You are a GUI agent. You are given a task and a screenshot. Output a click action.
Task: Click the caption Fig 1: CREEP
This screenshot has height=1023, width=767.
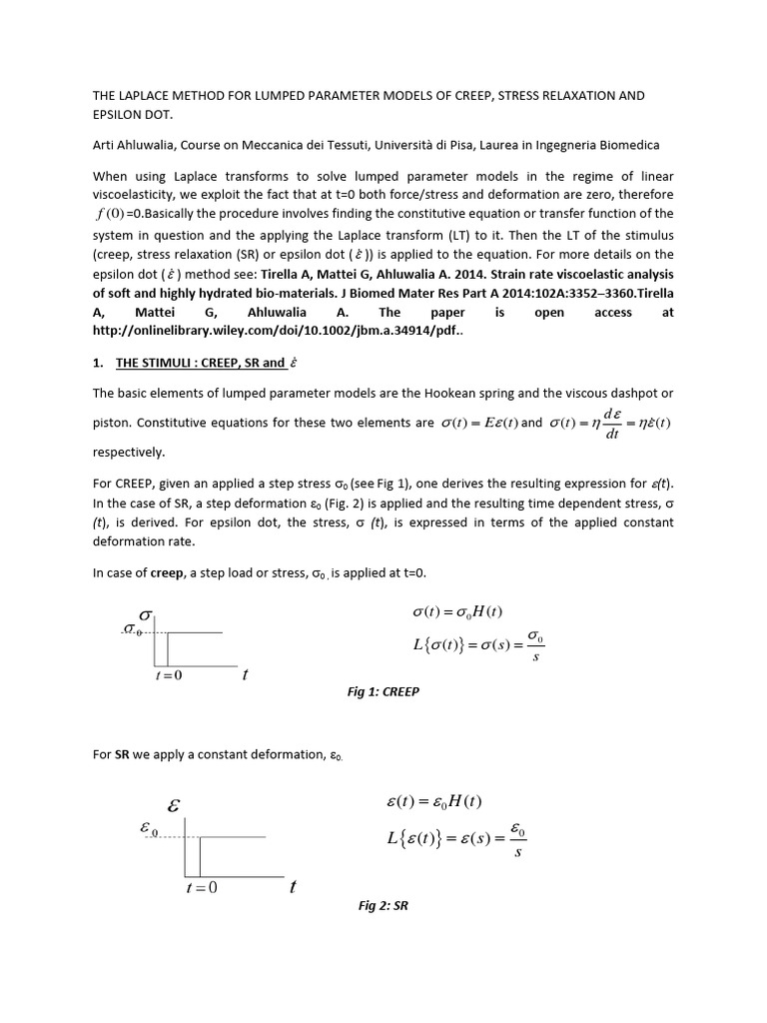(x=383, y=691)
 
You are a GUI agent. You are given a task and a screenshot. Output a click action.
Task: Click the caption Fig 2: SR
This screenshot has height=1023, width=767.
(x=383, y=906)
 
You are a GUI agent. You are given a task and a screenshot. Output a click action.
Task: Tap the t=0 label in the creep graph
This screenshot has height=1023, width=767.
(x=168, y=675)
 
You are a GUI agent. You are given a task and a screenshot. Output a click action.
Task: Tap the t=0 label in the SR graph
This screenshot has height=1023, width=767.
(x=201, y=887)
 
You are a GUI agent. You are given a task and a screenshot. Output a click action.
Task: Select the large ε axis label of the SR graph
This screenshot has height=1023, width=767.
(x=173, y=804)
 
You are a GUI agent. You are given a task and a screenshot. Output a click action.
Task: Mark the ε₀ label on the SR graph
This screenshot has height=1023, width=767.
(x=156, y=827)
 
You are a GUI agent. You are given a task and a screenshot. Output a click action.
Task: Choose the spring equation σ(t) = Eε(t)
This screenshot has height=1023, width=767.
(x=478, y=423)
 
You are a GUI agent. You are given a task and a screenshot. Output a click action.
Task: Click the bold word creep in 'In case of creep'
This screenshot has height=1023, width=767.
(x=167, y=572)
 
